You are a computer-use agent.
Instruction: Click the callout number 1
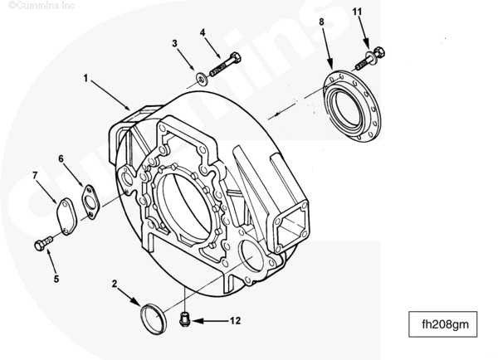pyautogui.click(x=85, y=78)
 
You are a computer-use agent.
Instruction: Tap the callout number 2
pyautogui.click(x=115, y=284)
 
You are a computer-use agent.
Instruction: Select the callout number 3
pyautogui.click(x=174, y=43)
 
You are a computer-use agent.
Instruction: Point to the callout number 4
pyautogui.click(x=203, y=32)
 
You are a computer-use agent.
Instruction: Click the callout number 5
pyautogui.click(x=56, y=279)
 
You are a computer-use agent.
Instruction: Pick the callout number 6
pyautogui.click(x=61, y=158)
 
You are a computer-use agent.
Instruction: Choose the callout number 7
pyautogui.click(x=35, y=175)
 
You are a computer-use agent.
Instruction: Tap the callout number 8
pyautogui.click(x=321, y=22)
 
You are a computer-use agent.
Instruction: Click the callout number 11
pyautogui.click(x=357, y=12)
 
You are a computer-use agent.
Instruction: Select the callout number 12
pyautogui.click(x=235, y=321)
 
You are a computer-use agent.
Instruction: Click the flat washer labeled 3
pyautogui.click(x=201, y=79)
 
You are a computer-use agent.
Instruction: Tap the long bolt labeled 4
pyautogui.click(x=225, y=64)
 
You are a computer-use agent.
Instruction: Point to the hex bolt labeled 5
pyautogui.click(x=43, y=244)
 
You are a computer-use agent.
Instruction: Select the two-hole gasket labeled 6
pyautogui.click(x=90, y=202)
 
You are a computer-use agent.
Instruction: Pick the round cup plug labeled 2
pyautogui.click(x=154, y=319)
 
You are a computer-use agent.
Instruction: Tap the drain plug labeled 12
pyautogui.click(x=184, y=319)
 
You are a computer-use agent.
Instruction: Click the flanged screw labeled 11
pyautogui.click(x=369, y=59)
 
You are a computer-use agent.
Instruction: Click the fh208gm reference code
pyautogui.click(x=445, y=324)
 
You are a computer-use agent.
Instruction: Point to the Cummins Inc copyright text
pyautogui.click(x=41, y=5)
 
